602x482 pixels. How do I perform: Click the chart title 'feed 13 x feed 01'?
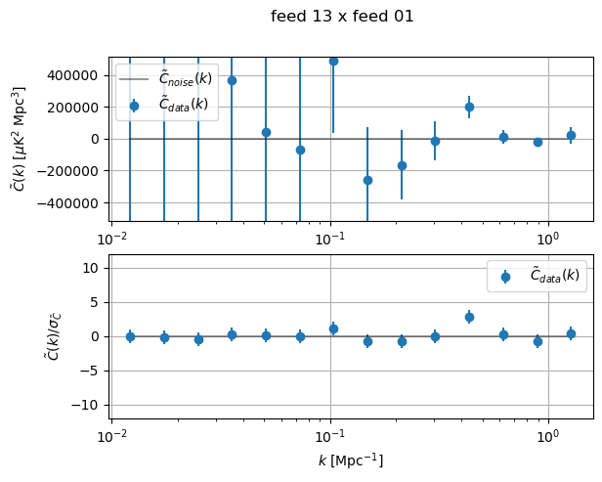[342, 17]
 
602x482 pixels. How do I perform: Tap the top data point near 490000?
[333, 61]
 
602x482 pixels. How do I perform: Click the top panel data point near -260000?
[367, 180]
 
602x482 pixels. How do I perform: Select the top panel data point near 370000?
[232, 80]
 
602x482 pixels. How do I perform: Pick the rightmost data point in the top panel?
[571, 135]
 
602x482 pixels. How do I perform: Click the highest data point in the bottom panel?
[469, 317]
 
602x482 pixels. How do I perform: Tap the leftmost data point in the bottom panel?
[130, 336]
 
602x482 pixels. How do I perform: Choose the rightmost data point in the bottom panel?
[571, 333]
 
